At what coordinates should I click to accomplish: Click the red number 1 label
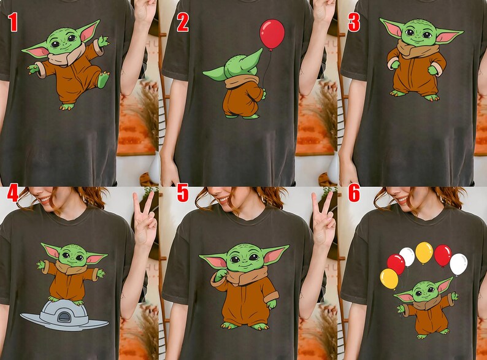[x=13, y=24]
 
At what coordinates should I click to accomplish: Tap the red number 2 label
[x=183, y=24]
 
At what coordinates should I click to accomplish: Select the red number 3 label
[x=354, y=24]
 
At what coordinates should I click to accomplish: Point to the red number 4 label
[x=13, y=194]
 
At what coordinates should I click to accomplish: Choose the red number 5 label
[x=183, y=194]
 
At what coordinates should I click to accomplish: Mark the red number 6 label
[x=354, y=194]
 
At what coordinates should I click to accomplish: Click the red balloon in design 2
[x=272, y=34]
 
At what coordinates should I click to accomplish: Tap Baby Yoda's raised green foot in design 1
[x=104, y=80]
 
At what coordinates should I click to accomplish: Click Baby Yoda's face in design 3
[x=418, y=31]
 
